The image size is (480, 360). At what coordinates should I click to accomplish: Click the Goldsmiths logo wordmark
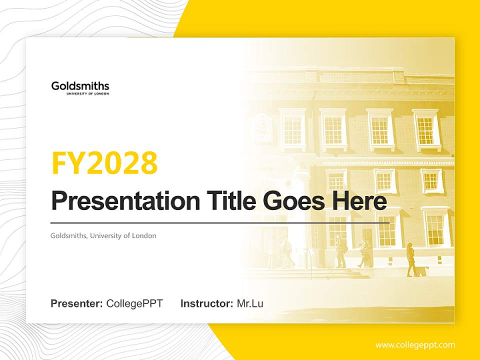[x=80, y=86]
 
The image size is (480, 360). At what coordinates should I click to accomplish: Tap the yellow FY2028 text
[x=104, y=163]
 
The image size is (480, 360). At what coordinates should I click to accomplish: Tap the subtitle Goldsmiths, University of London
[x=103, y=235]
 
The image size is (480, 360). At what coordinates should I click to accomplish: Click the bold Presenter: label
[x=77, y=303]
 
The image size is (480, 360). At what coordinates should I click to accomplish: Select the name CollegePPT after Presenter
[x=134, y=303]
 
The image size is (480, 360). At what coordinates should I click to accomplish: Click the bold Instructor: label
[x=206, y=303]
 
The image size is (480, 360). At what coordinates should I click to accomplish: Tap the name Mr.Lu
[x=250, y=303]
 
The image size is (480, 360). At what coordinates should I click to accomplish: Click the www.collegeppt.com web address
[x=415, y=345]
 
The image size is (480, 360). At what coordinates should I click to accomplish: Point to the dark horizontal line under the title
[x=220, y=223]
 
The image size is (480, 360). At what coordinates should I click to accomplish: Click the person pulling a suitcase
[x=411, y=259]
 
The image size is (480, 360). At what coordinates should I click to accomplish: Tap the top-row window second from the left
[x=333, y=129]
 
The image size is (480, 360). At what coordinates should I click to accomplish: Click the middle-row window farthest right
[x=430, y=180]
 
